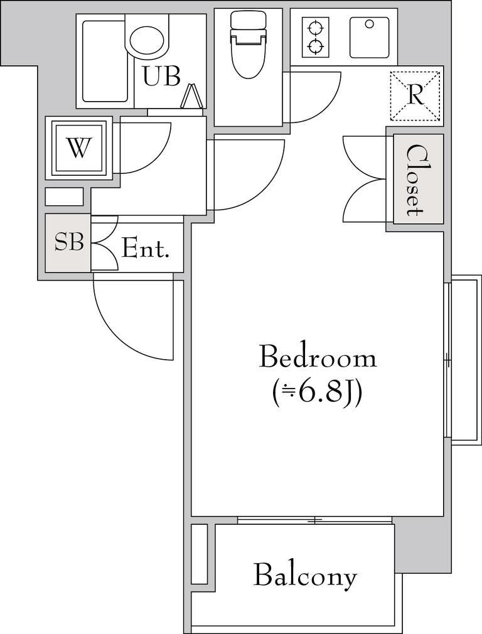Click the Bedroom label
318,356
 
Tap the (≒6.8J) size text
316,394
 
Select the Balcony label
305,576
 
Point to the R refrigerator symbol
415,96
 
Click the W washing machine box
79,148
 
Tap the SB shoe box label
69,242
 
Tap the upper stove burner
316,28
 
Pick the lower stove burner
316,46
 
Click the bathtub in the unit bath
104,61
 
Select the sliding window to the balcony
314,520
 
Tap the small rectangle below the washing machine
64,197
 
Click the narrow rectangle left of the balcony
199,554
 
